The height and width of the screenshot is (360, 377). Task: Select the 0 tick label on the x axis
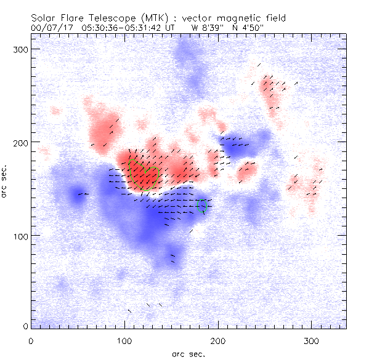(x=31, y=340)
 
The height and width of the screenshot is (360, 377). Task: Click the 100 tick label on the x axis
(x=125, y=340)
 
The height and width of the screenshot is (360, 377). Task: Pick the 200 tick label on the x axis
(x=219, y=340)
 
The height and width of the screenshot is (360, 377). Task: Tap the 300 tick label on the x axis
(x=312, y=340)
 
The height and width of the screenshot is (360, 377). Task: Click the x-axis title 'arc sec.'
(x=188, y=354)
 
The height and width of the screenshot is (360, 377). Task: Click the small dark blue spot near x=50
(x=78, y=196)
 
